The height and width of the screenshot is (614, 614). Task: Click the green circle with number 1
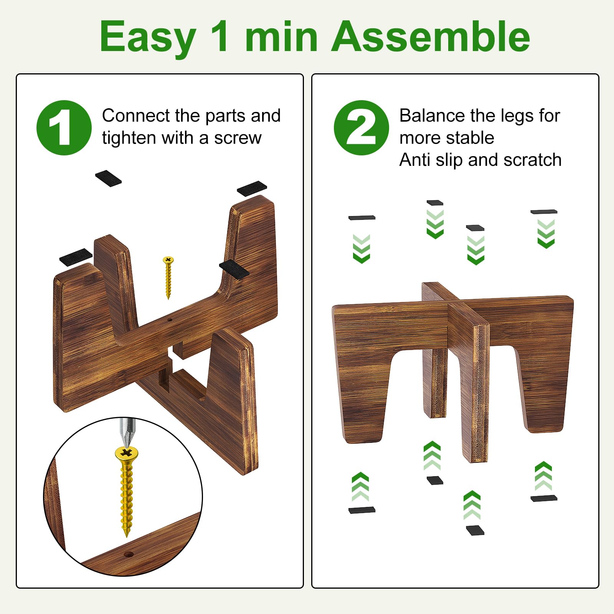64,128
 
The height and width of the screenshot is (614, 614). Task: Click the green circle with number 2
361,128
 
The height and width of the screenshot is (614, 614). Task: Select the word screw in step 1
238,138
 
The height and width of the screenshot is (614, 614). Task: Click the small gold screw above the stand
168,277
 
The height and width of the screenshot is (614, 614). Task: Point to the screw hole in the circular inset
129,555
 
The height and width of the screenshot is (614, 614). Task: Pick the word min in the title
281,38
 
